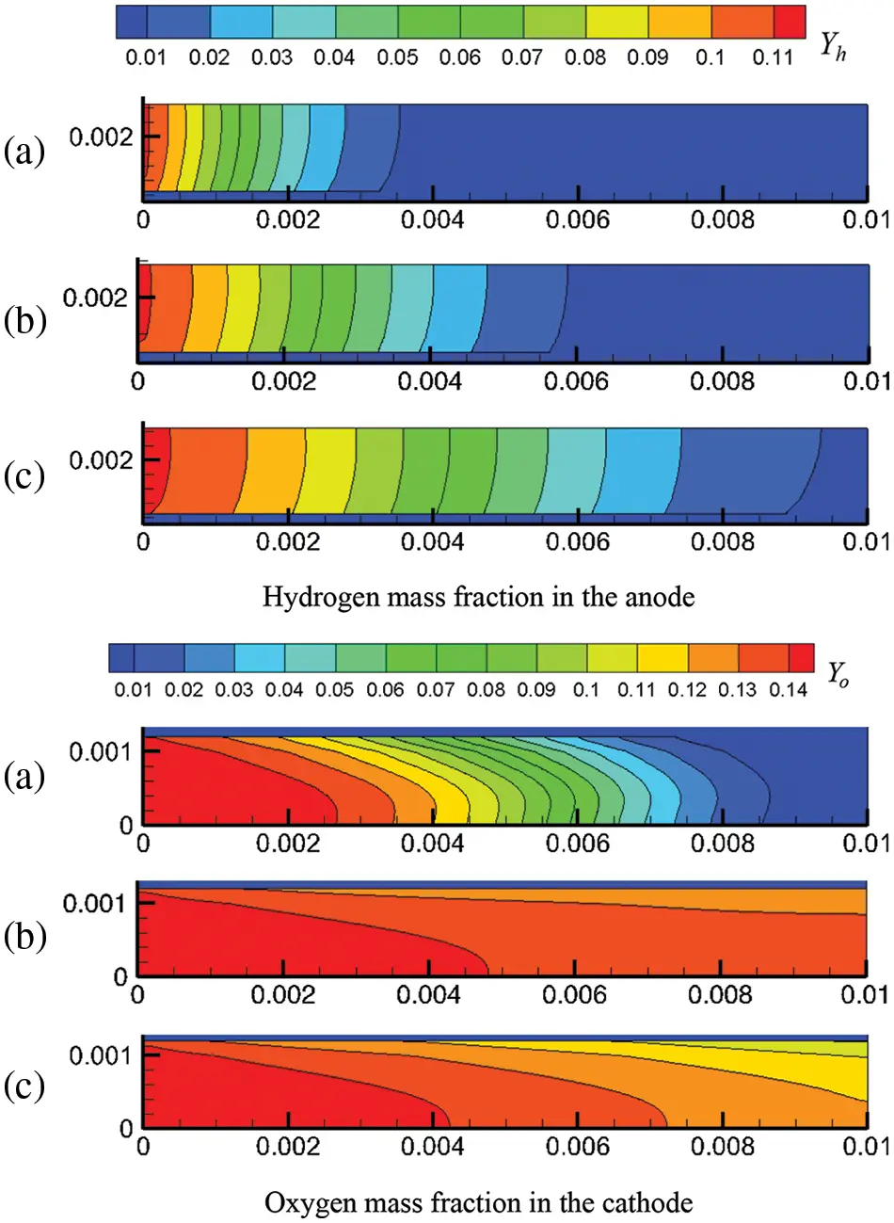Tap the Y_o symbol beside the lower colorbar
point(838,674)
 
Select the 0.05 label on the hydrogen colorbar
point(397,57)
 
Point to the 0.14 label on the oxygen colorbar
point(788,690)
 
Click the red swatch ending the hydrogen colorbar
point(790,22)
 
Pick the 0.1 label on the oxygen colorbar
point(586,690)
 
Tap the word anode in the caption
point(663,597)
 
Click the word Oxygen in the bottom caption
point(304,1202)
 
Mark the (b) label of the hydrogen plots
point(24,320)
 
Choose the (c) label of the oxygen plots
point(24,1086)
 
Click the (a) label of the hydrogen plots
point(24,151)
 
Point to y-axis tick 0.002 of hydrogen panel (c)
point(101,460)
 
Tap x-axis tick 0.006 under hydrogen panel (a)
point(577,220)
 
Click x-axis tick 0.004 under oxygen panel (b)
point(428,994)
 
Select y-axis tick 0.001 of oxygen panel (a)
point(101,751)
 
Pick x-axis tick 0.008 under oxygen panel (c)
point(722,1146)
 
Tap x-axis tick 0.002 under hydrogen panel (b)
point(284,381)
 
